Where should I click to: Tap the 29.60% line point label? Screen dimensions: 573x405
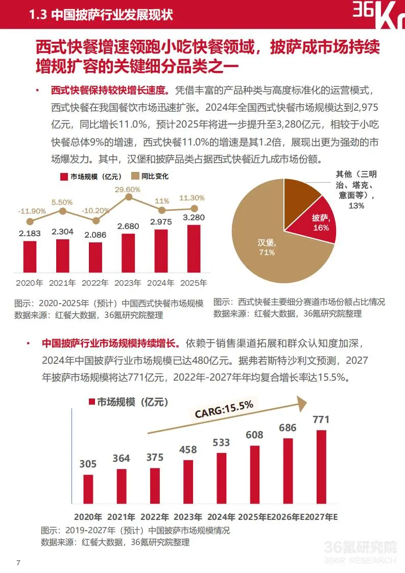click(128, 189)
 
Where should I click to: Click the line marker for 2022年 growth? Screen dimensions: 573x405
click(96, 220)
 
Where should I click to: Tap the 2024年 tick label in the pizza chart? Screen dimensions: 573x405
click(221, 517)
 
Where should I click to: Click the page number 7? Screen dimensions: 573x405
click(18, 563)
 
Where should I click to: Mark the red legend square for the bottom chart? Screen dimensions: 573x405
click(92, 402)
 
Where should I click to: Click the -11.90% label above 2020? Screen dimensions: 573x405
click(30, 211)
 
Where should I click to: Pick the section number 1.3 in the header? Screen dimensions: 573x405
click(38, 15)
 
